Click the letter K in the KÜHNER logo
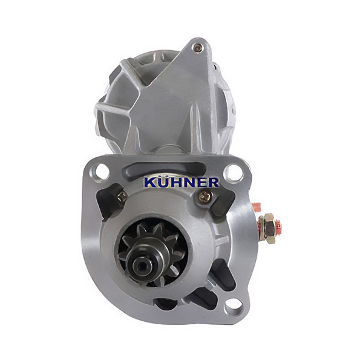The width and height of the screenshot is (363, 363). [x=150, y=183]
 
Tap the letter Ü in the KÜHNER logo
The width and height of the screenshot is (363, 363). [x=163, y=181]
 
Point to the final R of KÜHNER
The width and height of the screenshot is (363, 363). [x=213, y=183]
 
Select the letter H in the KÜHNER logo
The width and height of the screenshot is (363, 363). [x=175, y=183]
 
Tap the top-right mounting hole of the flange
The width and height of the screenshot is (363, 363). [x=234, y=173]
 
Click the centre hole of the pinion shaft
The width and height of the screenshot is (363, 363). [x=141, y=266]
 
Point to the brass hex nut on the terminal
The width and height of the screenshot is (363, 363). [x=269, y=228]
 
